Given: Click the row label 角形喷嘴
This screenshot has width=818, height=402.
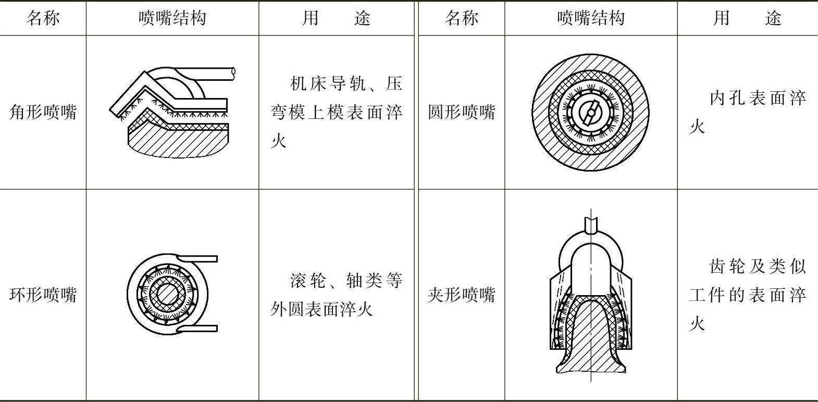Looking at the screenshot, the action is tap(43, 112).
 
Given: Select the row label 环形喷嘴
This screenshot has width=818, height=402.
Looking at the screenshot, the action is tap(43, 295).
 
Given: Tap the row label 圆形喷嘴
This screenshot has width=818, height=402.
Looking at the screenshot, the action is tap(461, 112).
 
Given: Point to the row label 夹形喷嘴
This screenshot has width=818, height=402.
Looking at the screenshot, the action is tap(461, 295).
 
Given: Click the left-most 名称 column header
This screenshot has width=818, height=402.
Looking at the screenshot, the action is tap(43, 18).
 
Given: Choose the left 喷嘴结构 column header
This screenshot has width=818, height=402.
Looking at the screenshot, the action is tap(172, 18).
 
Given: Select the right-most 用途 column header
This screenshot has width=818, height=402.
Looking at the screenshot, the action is tap(747, 18).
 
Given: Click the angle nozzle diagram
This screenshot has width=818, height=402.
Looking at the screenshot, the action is tap(172, 112).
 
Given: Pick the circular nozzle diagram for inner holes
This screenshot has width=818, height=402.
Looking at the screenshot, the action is tap(591, 113).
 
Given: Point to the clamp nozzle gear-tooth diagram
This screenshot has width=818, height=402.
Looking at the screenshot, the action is tap(591, 295).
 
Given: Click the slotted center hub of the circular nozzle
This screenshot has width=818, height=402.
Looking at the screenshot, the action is tap(591, 113).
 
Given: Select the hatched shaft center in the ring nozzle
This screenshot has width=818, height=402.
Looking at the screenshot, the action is tap(167, 295).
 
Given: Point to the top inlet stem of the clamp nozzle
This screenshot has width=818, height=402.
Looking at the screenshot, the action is tap(591, 224).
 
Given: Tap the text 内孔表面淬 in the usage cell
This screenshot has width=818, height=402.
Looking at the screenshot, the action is tap(758, 98).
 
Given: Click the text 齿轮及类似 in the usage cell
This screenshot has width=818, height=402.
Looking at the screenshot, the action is tap(758, 266).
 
